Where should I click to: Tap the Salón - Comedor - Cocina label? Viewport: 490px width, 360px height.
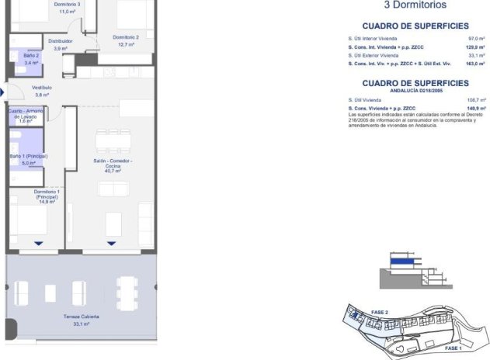coord(113,165)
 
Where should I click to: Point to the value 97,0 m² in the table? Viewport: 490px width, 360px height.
coord(475,38)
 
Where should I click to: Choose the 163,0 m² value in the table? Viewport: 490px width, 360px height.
coord(475,64)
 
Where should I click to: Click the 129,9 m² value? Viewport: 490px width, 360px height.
coord(475,47)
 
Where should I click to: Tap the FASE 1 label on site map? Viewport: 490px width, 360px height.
coord(454,348)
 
